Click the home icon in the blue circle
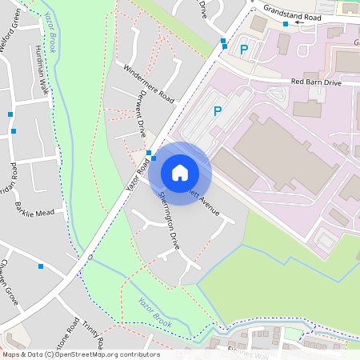180,172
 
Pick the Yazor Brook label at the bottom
154,311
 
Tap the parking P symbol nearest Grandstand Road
244,49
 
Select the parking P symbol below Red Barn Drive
217,111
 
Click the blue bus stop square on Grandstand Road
285,24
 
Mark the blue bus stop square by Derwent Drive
149,152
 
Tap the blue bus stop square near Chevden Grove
40,266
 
